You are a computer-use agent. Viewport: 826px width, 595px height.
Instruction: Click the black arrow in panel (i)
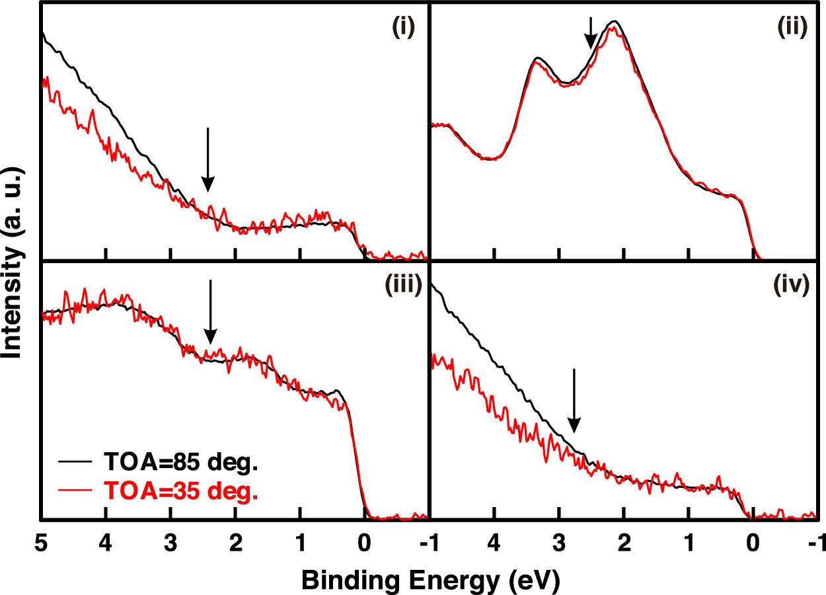[x=207, y=159]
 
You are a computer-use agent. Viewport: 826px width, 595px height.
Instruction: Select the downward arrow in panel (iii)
[x=210, y=311]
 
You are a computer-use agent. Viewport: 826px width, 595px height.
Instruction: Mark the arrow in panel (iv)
[x=574, y=401]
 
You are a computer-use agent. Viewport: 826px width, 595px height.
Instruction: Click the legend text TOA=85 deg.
[x=178, y=462]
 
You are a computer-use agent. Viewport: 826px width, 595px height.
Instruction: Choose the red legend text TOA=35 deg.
[x=178, y=491]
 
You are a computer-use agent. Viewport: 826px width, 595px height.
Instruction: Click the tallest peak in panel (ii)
[x=615, y=22]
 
